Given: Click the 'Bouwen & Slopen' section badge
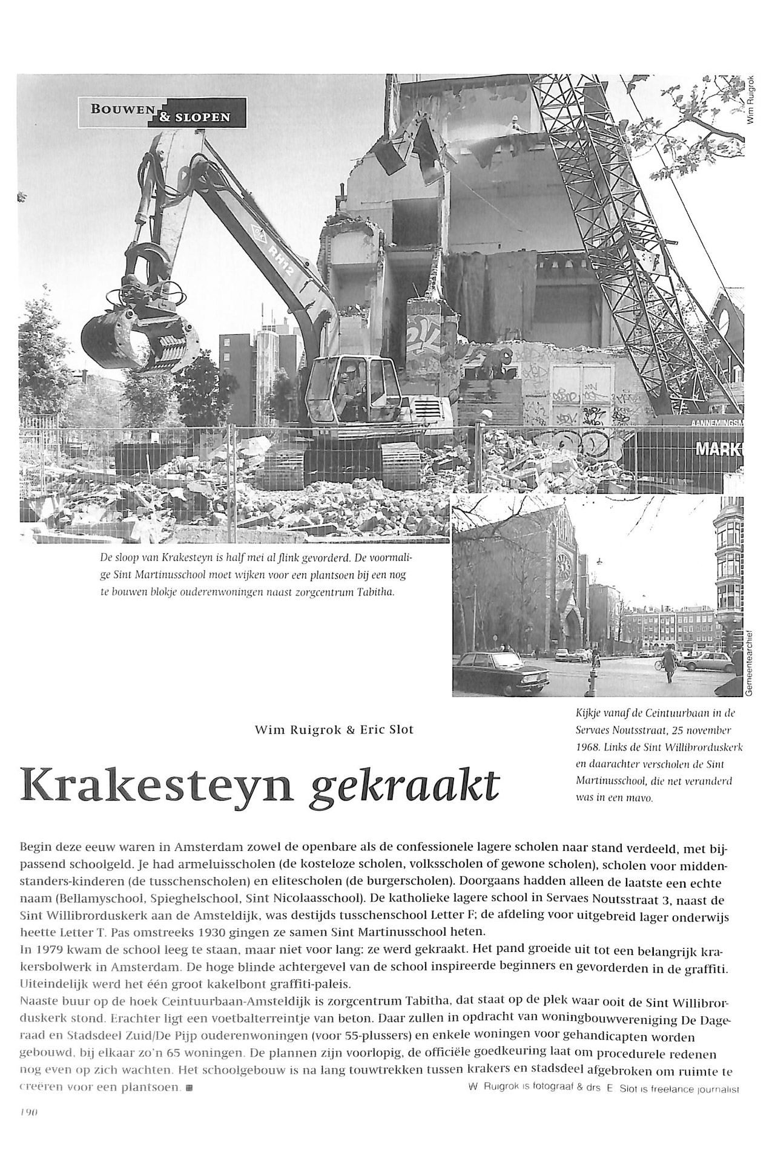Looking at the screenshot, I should click(162, 113).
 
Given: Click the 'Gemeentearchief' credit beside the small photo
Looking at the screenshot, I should click(749, 665).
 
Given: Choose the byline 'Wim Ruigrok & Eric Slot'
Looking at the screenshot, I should click(334, 730).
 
